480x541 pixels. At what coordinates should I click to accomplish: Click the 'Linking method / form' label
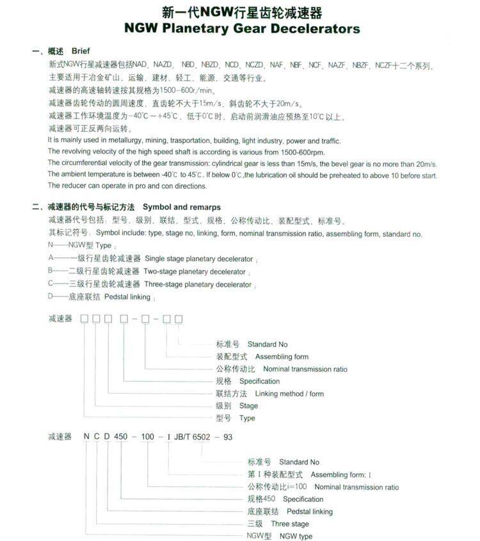[x=289, y=394]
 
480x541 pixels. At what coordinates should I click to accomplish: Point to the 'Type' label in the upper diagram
[x=247, y=418]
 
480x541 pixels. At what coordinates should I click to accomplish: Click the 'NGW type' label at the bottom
[x=296, y=536]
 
